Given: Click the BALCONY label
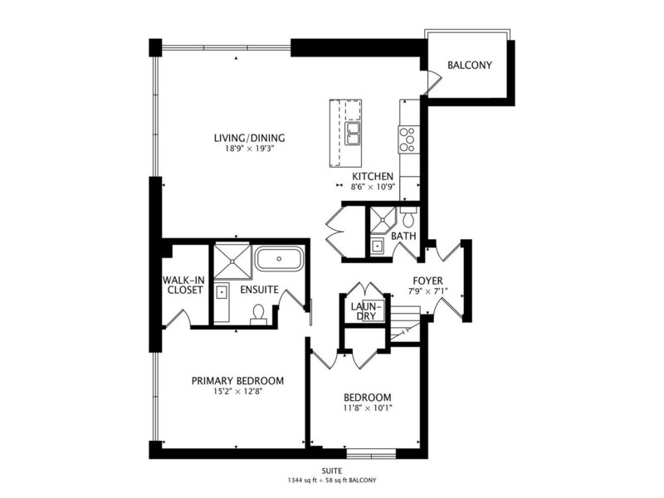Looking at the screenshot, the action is point(470,66).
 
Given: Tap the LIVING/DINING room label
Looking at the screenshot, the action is point(249,138).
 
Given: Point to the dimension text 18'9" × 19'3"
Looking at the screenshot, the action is point(249,149).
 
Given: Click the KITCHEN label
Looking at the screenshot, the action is point(373,176).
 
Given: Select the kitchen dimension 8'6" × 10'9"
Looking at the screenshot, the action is point(373,187).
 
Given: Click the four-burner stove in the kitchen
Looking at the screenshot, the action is point(408,139).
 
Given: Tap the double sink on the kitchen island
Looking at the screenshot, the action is point(352,134).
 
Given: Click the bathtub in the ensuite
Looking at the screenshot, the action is point(279,259).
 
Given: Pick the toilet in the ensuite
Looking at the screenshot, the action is point(258,314).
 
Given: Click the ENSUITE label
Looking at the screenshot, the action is point(259,290).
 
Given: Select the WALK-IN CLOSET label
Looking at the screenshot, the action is point(184,285).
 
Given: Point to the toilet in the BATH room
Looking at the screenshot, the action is point(408,217).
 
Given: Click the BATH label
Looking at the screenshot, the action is point(403,236).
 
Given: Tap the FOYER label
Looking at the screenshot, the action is point(427,281).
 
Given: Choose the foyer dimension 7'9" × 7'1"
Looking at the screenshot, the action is point(427,291).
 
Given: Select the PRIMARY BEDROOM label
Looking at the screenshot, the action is point(237,381).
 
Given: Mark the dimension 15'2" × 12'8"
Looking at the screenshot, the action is point(237,391).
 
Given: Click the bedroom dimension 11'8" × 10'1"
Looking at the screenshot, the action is point(368,408).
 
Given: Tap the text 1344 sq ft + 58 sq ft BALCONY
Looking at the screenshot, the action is point(331,481).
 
